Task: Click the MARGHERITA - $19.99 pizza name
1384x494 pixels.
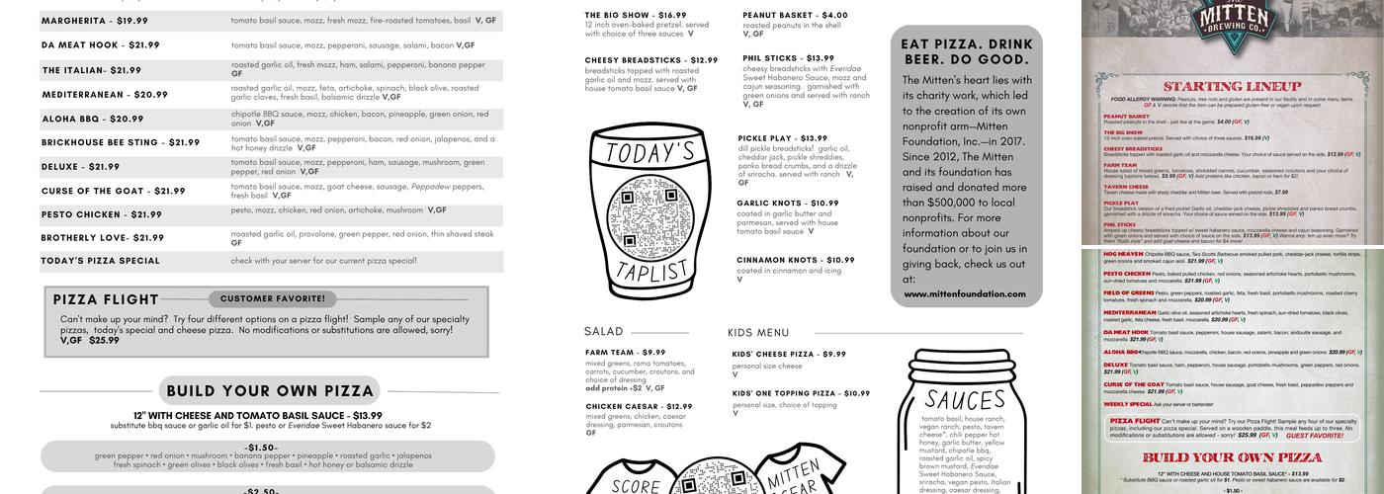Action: click(x=95, y=21)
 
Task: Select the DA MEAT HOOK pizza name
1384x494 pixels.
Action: click(x=101, y=45)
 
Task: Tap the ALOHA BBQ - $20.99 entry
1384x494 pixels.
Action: click(x=93, y=120)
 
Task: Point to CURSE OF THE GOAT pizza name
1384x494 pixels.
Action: click(x=114, y=192)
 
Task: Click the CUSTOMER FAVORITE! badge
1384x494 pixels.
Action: click(x=272, y=298)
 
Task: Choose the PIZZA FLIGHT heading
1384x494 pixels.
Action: click(x=106, y=299)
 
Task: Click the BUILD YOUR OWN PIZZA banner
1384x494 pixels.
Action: click(x=270, y=391)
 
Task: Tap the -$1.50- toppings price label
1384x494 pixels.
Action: click(x=263, y=448)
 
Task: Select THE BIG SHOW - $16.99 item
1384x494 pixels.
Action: click(x=635, y=16)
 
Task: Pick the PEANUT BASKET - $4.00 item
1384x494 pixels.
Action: click(x=795, y=16)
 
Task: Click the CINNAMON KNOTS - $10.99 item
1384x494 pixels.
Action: click(x=795, y=260)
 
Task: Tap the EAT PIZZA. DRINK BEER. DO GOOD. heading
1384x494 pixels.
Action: click(x=967, y=51)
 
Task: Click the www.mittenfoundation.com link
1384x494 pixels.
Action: click(x=965, y=293)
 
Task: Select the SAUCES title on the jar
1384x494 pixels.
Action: click(x=964, y=400)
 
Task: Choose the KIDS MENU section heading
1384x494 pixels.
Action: click(x=758, y=333)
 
